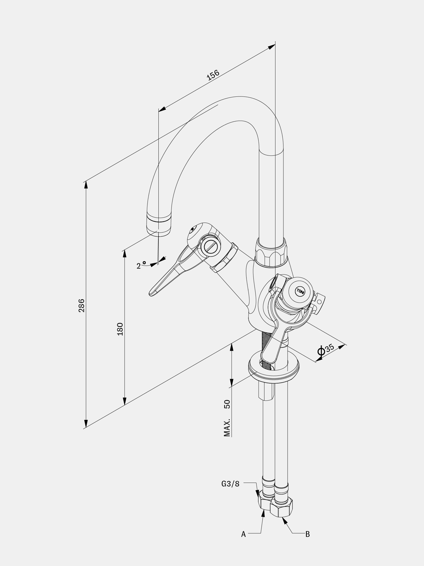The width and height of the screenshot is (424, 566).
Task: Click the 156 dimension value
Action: click(x=213, y=75)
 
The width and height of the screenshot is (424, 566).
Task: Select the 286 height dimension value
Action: click(x=81, y=305)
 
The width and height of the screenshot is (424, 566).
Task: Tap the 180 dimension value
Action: click(x=120, y=329)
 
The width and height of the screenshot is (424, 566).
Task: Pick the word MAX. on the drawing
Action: click(x=227, y=428)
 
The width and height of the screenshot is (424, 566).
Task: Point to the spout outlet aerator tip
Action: click(x=159, y=225)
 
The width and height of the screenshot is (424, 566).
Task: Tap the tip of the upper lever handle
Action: click(x=151, y=294)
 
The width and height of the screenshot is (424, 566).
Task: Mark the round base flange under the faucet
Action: click(x=274, y=370)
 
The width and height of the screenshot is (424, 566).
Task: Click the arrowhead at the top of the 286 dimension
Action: click(x=86, y=185)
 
